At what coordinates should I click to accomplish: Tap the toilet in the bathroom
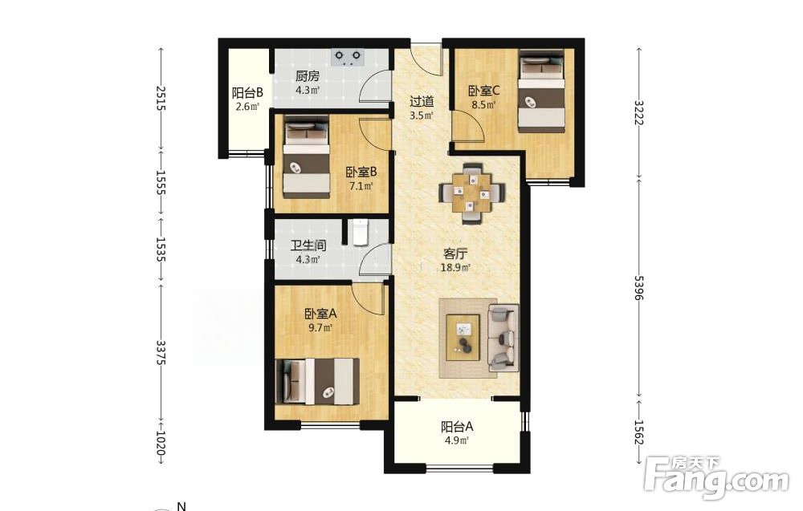click(x=361, y=233)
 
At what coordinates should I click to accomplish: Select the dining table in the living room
click(x=472, y=193)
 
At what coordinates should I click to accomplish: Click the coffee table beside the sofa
click(x=463, y=338)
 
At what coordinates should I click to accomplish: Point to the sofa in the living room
click(x=503, y=338)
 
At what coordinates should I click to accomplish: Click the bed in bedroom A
click(x=316, y=381)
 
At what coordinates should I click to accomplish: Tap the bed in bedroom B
click(x=306, y=156)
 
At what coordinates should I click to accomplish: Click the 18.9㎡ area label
click(x=455, y=267)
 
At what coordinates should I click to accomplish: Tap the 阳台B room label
click(x=247, y=93)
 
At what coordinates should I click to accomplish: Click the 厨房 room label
click(x=308, y=76)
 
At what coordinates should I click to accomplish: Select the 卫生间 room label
click(x=308, y=245)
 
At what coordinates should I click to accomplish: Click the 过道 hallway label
click(x=422, y=101)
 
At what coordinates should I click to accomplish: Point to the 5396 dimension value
click(x=639, y=288)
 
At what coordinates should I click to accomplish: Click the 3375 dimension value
click(x=161, y=352)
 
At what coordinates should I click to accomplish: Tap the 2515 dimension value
click(x=161, y=98)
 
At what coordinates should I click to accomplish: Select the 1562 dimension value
click(x=639, y=432)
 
